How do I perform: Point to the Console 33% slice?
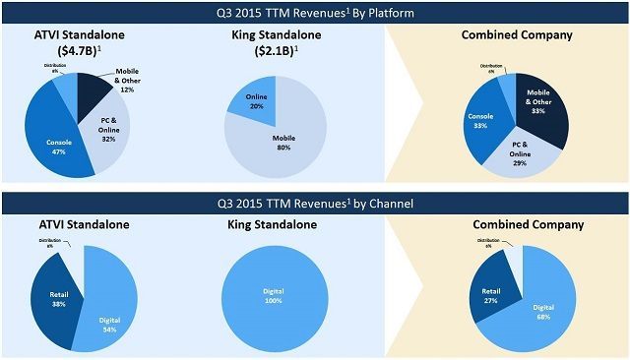(482, 122)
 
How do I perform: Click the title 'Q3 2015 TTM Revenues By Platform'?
(315, 13)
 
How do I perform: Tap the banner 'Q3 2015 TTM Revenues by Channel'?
(315, 204)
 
